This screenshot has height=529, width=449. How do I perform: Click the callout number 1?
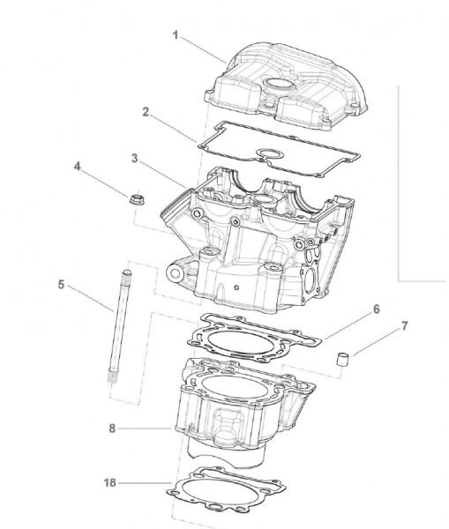coord(175,36)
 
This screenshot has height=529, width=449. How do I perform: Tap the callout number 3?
coord(133,159)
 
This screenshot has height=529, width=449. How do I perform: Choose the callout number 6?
coord(376,309)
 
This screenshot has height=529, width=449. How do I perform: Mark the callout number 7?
coord(404,326)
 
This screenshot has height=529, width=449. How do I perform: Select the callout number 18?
coord(109,483)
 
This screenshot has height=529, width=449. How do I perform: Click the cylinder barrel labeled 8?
coord(238,406)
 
